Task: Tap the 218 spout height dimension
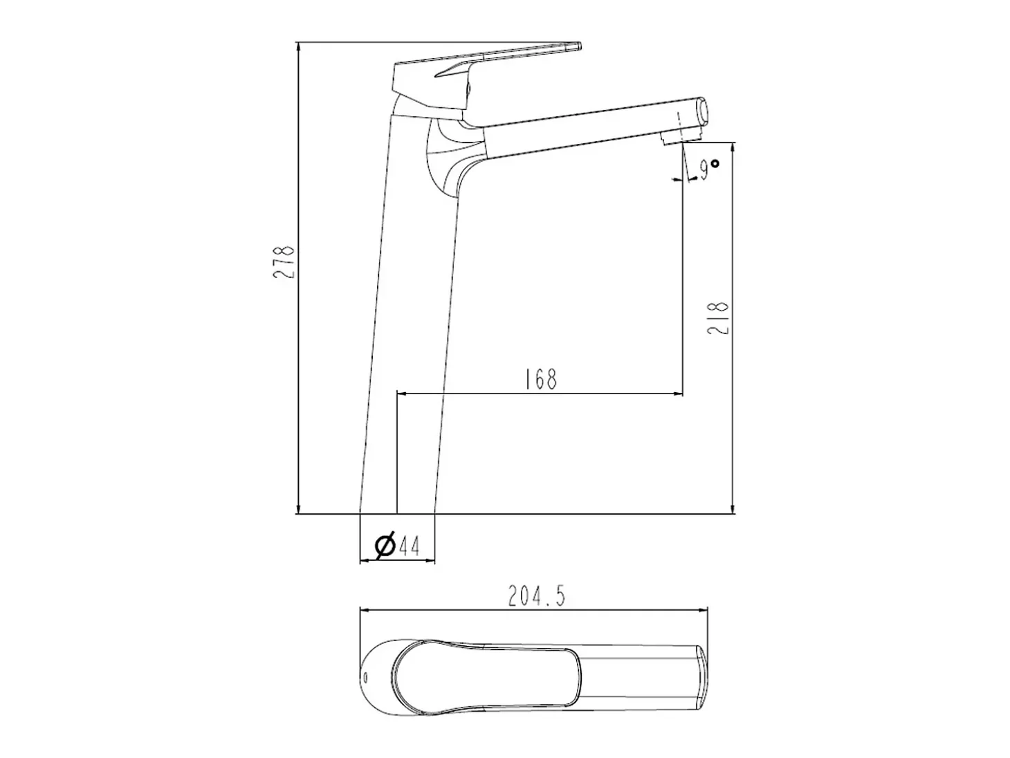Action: coord(718,318)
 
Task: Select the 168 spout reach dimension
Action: coord(541,379)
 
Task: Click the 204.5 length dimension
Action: coord(536,597)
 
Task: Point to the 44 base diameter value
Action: coord(410,546)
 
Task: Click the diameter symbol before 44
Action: coord(385,546)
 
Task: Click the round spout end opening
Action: coord(704,110)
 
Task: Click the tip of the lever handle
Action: coord(579,46)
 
